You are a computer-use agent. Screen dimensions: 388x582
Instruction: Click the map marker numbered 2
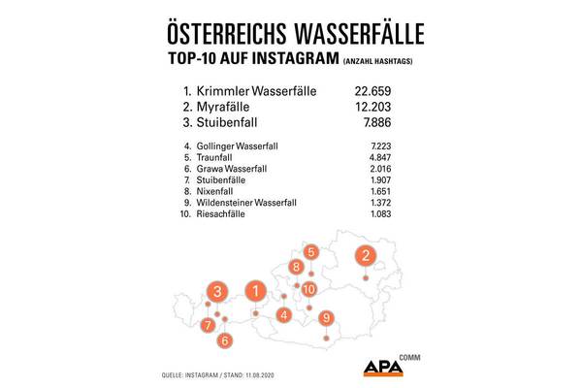pyautogui.click(x=365, y=256)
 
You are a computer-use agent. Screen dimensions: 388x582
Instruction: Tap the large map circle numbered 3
pyautogui.click(x=220, y=291)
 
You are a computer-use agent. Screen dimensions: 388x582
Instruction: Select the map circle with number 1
pyautogui.click(x=255, y=289)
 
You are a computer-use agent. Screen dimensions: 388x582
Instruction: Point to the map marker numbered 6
pyautogui.click(x=225, y=339)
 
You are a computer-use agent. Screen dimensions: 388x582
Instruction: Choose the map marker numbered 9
pyautogui.click(x=326, y=317)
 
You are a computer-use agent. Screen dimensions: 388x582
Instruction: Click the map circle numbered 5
pyautogui.click(x=310, y=252)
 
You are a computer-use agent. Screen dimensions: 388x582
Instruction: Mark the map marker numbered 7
pyautogui.click(x=208, y=326)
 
